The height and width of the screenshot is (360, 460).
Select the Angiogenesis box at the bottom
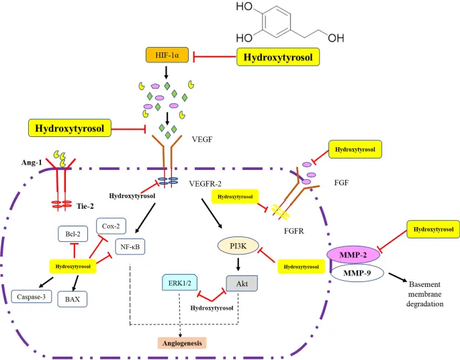[x=182, y=343]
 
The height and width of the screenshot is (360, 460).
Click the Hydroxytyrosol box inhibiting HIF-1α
[x=277, y=57]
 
